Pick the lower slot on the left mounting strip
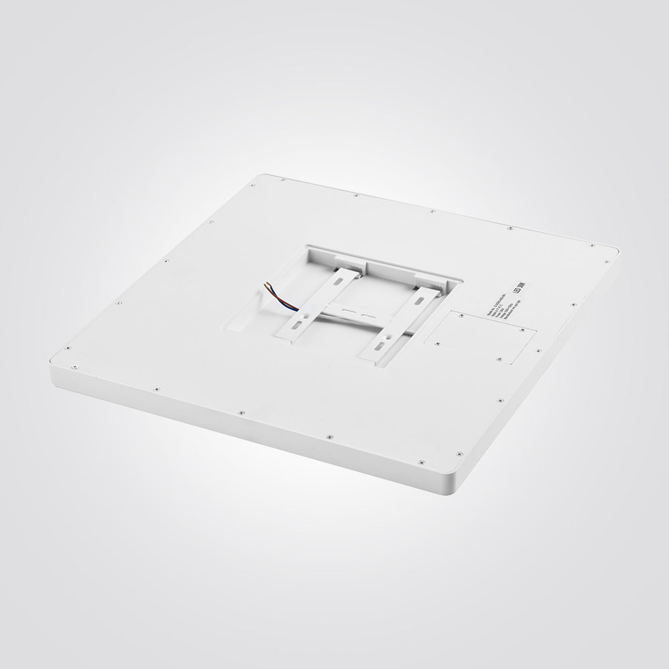click(294, 324)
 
